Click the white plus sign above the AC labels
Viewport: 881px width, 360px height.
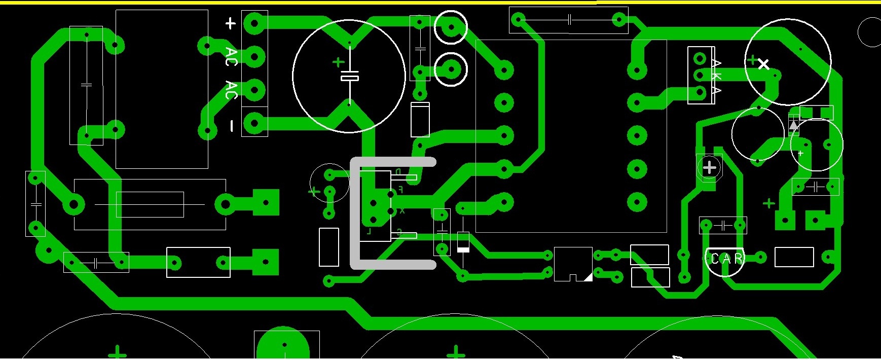tap(231, 23)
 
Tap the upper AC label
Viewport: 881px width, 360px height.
tap(231, 57)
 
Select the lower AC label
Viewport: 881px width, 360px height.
tap(231, 90)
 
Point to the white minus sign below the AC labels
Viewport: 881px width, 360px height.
tap(232, 125)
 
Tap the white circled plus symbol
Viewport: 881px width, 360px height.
tap(709, 167)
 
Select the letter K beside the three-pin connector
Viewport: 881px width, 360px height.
tap(716, 76)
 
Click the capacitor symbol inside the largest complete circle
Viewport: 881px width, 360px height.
tap(350, 78)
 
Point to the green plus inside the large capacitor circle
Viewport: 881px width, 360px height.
tap(338, 62)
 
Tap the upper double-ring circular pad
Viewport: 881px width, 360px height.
tap(451, 27)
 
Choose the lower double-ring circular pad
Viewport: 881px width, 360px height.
tap(451, 69)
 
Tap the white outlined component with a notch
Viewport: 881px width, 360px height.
tap(573, 264)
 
